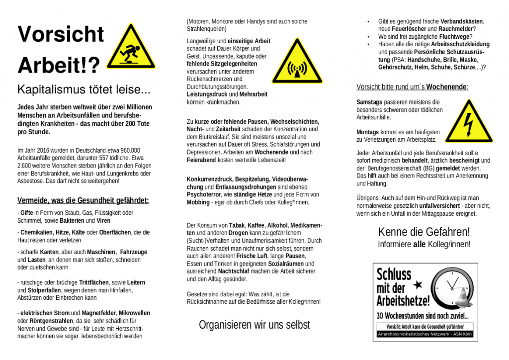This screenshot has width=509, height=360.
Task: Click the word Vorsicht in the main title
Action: coord(61,34)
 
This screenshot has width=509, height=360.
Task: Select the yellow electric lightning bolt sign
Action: coord(468,122)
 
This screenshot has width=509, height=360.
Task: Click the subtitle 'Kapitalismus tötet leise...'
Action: coord(84,90)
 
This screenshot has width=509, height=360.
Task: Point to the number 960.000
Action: coord(128,150)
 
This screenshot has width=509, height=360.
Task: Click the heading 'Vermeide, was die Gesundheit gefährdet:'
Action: coord(83,201)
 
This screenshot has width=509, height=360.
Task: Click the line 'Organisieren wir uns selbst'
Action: coord(254,325)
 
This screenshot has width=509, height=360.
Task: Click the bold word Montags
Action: coord(368,132)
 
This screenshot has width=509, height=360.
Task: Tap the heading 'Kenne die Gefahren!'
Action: coord(424,232)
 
